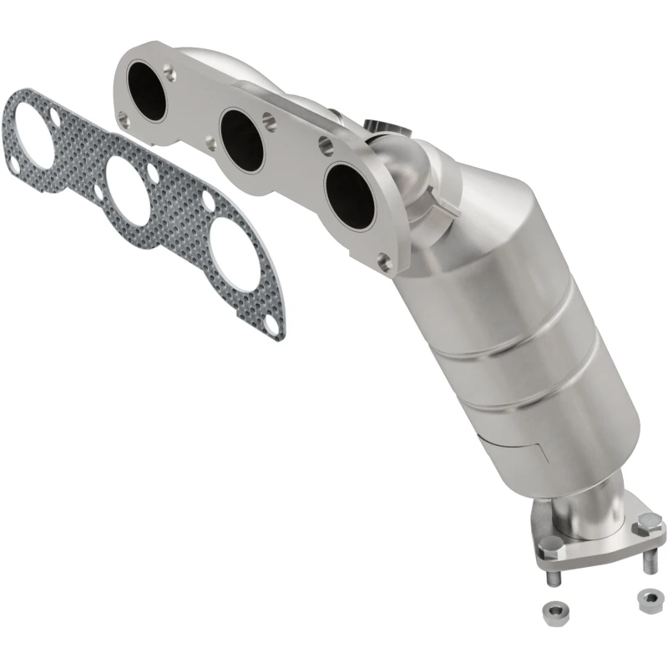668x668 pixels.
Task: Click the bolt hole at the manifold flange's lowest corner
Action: [384, 264]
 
